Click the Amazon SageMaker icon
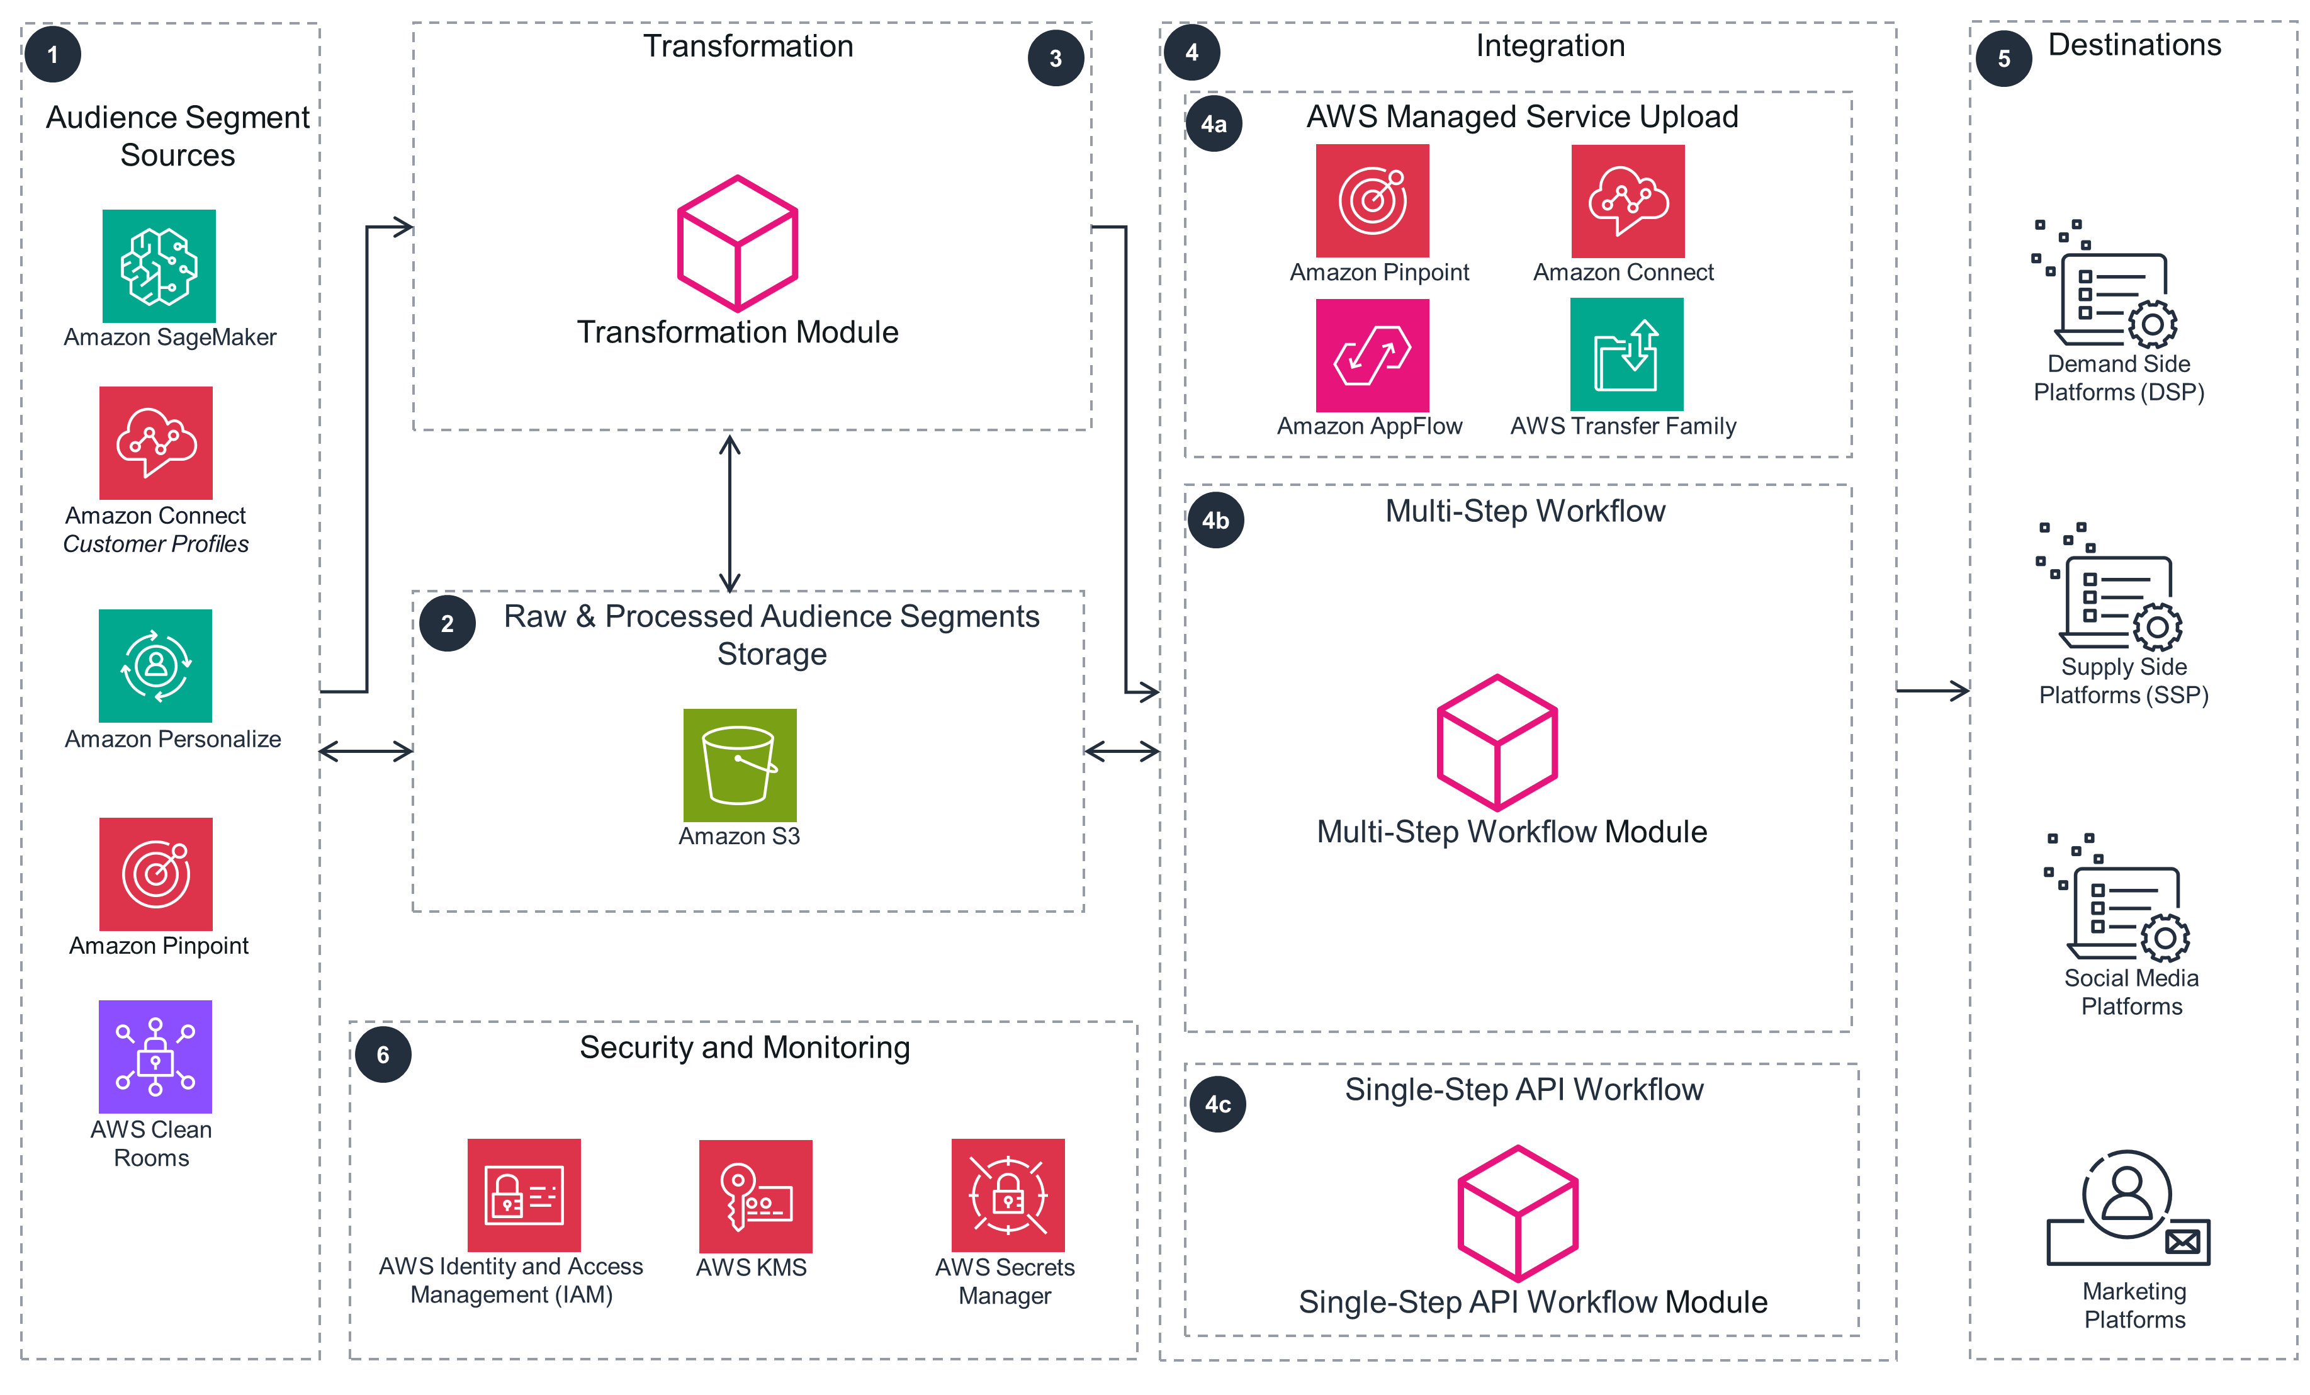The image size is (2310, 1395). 159,266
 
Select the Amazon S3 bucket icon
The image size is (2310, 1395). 740,765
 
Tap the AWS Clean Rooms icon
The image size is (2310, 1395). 155,1056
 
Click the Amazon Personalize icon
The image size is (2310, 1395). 155,665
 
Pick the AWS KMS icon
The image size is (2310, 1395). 755,1196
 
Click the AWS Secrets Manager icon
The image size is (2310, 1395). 1008,1195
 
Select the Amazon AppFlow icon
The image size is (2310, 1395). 1373,355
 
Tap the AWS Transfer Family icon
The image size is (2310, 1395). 1626,354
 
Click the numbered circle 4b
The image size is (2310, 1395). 1216,521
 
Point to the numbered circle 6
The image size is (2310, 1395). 383,1054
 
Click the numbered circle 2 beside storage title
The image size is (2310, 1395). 447,623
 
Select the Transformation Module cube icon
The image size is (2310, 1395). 738,244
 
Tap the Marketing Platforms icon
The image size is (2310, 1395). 2128,1209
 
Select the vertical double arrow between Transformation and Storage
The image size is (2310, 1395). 730,513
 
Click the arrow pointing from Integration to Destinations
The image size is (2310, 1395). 1931,691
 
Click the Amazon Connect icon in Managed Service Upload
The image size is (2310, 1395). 1628,201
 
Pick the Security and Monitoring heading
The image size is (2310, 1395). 745,1047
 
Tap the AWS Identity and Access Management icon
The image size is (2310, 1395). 524,1195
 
